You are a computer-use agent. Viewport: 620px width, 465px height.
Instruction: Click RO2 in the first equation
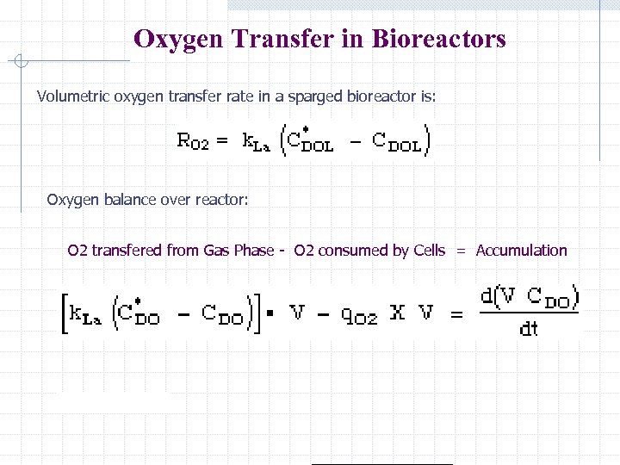[192, 141]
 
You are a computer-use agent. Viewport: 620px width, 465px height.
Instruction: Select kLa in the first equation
[256, 141]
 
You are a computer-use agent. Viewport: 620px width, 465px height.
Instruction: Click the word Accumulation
[522, 251]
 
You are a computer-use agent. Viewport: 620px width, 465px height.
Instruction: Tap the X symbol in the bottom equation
[396, 313]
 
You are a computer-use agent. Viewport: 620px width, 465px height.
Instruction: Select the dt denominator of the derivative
[529, 329]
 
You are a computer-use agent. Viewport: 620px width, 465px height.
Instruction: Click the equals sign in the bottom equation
[456, 315]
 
